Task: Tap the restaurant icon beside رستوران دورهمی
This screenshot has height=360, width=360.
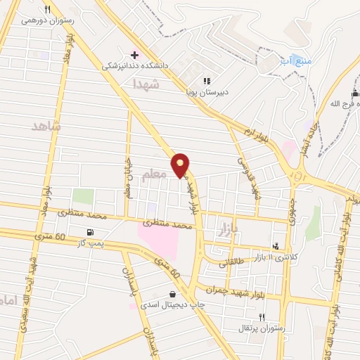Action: [x=48, y=10]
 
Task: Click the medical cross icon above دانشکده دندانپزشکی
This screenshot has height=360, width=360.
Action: [x=134, y=55]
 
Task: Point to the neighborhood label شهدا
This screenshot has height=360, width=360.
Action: [x=146, y=84]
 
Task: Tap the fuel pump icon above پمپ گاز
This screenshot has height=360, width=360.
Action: [x=89, y=233]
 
